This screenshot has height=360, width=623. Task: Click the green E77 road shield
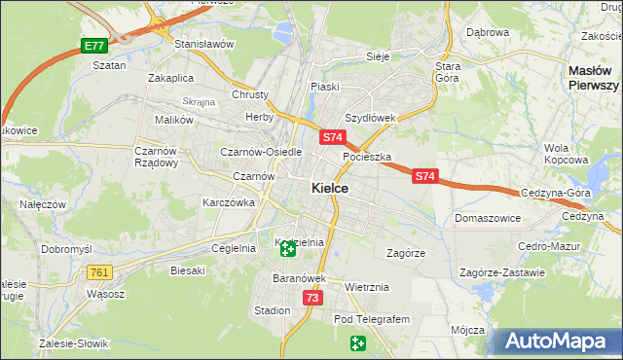(x=93, y=46)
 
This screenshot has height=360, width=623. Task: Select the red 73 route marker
(x=311, y=298)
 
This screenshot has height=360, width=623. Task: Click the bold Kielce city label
(x=331, y=189)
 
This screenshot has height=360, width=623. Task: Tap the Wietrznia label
(x=367, y=288)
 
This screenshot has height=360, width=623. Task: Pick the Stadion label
(x=272, y=310)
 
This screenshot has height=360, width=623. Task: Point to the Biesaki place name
(x=187, y=270)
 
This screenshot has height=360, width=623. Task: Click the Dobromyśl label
(x=66, y=249)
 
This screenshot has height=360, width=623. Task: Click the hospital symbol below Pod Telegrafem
(x=358, y=342)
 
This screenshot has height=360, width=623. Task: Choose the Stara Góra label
(x=448, y=71)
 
